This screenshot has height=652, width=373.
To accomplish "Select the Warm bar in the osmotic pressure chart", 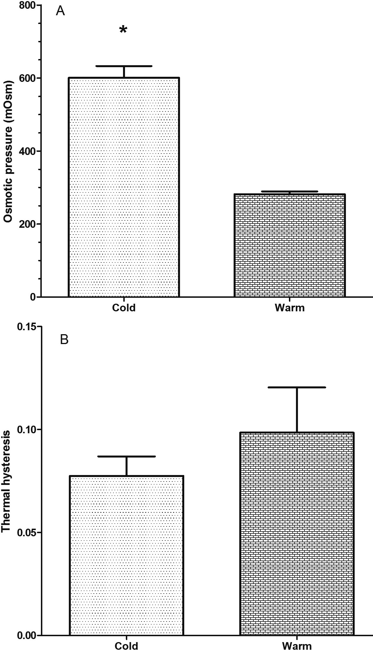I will coord(290,245).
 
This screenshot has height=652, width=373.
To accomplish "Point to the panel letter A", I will coord(60,11).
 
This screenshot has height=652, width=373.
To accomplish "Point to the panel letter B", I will coord(64,340).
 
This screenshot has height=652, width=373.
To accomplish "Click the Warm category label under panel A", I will coord(290,307).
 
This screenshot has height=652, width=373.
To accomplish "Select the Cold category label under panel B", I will coord(126,646).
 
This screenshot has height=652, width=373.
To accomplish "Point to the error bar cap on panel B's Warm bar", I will coord(297,387).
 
